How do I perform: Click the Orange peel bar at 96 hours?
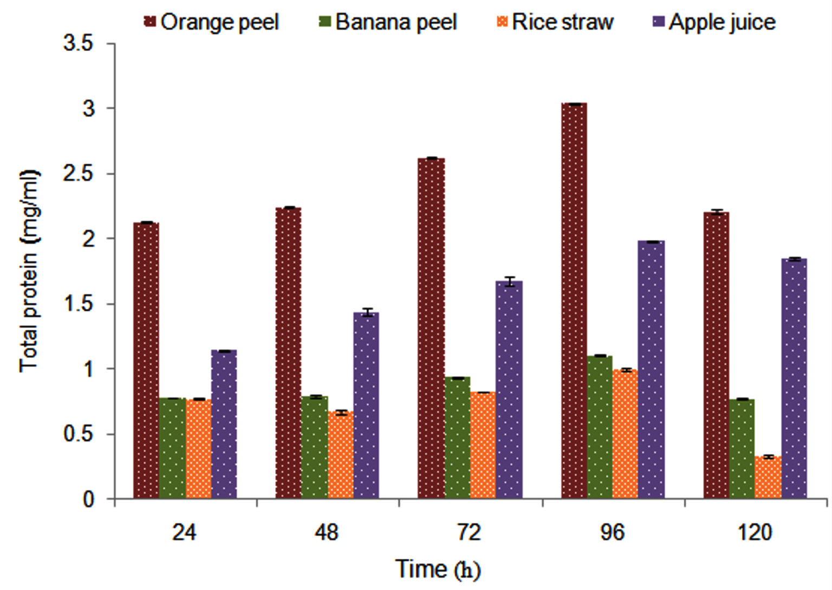click(x=574, y=301)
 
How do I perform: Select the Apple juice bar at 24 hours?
click(x=224, y=425)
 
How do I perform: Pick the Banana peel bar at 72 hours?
click(x=458, y=438)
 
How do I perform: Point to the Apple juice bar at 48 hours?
click(x=366, y=406)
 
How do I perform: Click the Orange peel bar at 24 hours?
click(x=146, y=361)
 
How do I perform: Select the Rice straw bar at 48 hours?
click(x=341, y=456)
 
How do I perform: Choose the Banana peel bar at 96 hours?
click(x=600, y=427)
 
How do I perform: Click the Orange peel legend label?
click(x=219, y=22)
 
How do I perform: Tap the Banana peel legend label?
click(x=396, y=22)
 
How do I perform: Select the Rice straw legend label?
click(x=562, y=22)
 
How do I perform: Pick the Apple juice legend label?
click(x=722, y=22)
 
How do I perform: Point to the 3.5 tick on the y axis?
click(x=79, y=44)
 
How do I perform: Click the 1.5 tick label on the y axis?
click(x=79, y=304)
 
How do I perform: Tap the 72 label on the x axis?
click(x=469, y=533)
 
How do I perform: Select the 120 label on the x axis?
click(x=755, y=533)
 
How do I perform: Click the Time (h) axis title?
click(x=438, y=569)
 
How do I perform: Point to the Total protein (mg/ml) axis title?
click(x=29, y=271)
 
